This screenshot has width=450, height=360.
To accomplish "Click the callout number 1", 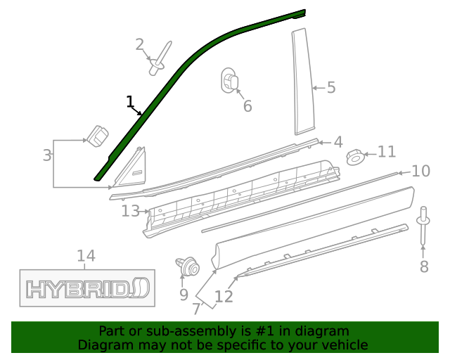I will pyautogui.click(x=130, y=103).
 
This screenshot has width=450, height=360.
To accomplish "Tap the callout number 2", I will pyautogui.click(x=139, y=45).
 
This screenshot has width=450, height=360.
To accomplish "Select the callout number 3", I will pyautogui.click(x=47, y=155).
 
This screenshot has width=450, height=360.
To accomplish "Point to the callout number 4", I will pyautogui.click(x=337, y=143).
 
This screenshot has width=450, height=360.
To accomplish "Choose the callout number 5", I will pyautogui.click(x=330, y=88).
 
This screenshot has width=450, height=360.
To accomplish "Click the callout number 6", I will pyautogui.click(x=247, y=106).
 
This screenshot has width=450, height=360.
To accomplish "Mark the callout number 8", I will pyautogui.click(x=423, y=266).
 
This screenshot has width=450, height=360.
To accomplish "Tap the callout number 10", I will pyautogui.click(x=420, y=171).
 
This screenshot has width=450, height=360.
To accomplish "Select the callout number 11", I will pyautogui.click(x=387, y=152).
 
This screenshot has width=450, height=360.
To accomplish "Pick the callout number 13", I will pyautogui.click(x=130, y=210).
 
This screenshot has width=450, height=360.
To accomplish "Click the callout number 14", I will pyautogui.click(x=86, y=256).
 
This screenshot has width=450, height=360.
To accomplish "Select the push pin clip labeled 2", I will pyautogui.click(x=160, y=60).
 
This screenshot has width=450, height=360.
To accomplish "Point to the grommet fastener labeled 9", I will pyautogui.click(x=188, y=267).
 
